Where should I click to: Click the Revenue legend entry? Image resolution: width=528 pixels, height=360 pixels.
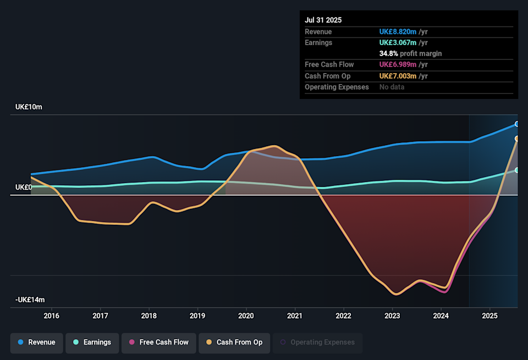pyautogui.click(x=36, y=342)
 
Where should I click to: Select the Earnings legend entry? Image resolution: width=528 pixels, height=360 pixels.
pyautogui.click(x=91, y=342)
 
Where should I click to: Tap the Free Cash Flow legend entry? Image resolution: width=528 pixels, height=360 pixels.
pyautogui.click(x=158, y=342)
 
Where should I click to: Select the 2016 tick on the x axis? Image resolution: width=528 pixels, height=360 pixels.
pyautogui.click(x=51, y=316)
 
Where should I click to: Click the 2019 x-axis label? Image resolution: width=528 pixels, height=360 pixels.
pyautogui.click(x=197, y=316)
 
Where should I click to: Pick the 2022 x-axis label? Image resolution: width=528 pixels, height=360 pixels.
pyautogui.click(x=343, y=316)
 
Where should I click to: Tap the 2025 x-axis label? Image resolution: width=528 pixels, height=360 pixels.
pyautogui.click(x=490, y=316)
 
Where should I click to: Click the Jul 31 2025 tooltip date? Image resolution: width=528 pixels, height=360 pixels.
pyautogui.click(x=323, y=20)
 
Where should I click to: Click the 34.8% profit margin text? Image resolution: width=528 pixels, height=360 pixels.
pyautogui.click(x=410, y=54)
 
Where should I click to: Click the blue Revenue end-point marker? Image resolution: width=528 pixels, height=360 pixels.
pyautogui.click(x=517, y=124)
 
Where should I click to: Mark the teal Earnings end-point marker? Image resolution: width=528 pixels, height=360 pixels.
pyautogui.click(x=517, y=170)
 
